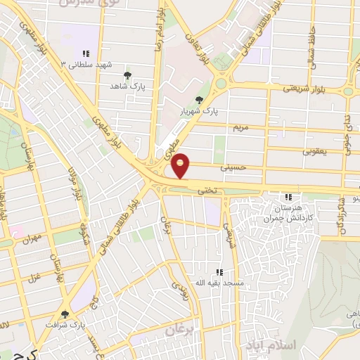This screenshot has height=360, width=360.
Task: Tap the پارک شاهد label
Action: (127, 86)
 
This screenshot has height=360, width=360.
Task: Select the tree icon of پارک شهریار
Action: (200, 100)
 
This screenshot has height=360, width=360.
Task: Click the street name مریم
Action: (240, 128)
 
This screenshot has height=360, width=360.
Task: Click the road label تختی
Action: (207, 190)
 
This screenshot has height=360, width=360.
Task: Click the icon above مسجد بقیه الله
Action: (219, 271)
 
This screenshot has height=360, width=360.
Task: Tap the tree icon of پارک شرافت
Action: (65, 314)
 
